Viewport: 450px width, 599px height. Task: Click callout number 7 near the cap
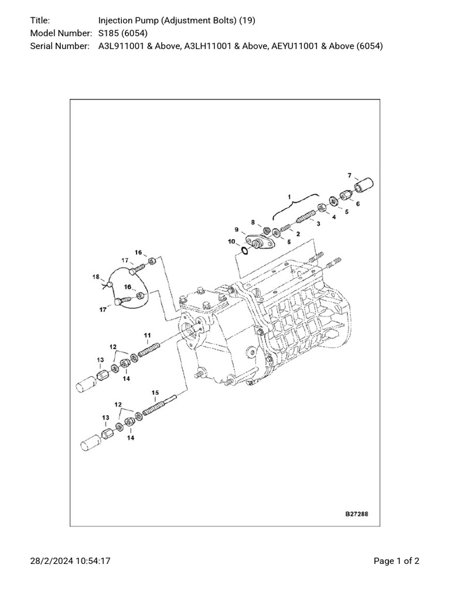[349, 175]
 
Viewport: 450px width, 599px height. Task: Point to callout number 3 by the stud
[318, 223]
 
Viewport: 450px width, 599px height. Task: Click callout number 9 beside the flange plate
[236, 229]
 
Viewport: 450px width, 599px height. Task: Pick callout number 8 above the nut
[253, 222]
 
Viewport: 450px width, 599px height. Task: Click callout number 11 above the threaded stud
[148, 335]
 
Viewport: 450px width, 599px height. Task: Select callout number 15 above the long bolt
[155, 393]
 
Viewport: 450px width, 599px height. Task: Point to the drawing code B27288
[356, 514]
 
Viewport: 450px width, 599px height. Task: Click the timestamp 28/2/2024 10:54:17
[70, 561]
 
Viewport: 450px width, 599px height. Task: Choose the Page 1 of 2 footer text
[396, 561]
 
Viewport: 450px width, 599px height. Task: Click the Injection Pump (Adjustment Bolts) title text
[176, 20]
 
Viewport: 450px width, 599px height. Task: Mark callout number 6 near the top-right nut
[357, 204]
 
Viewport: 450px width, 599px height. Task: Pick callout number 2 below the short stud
[298, 234]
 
